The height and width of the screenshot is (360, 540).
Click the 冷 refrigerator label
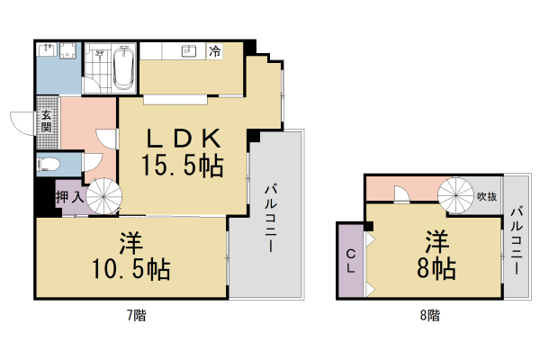(215, 52)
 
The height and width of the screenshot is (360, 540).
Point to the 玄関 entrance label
(45, 121)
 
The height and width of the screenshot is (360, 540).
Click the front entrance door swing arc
(20, 121)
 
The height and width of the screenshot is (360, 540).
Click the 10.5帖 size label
(131, 268)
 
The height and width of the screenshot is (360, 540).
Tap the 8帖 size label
(436, 267)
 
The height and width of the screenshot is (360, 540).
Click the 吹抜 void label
(486, 195)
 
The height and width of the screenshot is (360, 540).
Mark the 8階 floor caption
(429, 315)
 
